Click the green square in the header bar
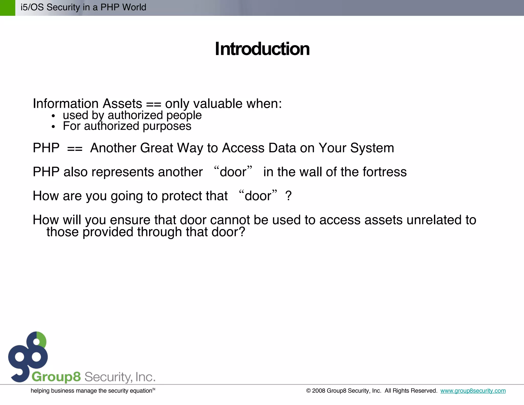pyautogui.click(x=7, y=8)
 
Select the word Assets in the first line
pyautogui.click(x=122, y=104)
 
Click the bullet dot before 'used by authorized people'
pyautogui.click(x=53, y=116)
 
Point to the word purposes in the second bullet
pyautogui.click(x=167, y=126)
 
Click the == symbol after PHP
pyautogui.click(x=75, y=148)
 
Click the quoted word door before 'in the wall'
pyautogui.click(x=233, y=172)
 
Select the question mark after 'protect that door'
pyautogui.click(x=288, y=196)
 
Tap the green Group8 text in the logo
pyautogui.click(x=56, y=377)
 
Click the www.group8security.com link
pyautogui.click(x=473, y=391)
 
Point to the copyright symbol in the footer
pyautogui.click(x=308, y=391)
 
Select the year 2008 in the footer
pyautogui.click(x=319, y=391)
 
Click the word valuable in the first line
pyautogui.click(x=218, y=104)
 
